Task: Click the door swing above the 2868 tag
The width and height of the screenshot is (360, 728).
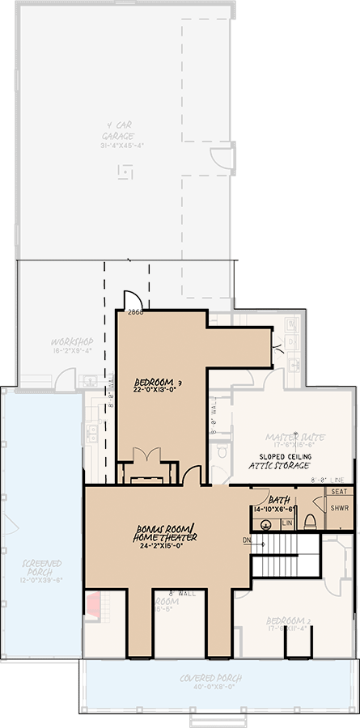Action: [x=133, y=299]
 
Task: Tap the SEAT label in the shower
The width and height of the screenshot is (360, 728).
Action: [x=340, y=492]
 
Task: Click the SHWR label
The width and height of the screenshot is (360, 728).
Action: [x=340, y=508]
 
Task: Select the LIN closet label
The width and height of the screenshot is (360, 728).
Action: [x=286, y=523]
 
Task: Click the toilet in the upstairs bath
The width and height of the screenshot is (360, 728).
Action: [x=310, y=521]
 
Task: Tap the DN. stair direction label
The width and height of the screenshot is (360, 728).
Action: [x=246, y=540]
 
